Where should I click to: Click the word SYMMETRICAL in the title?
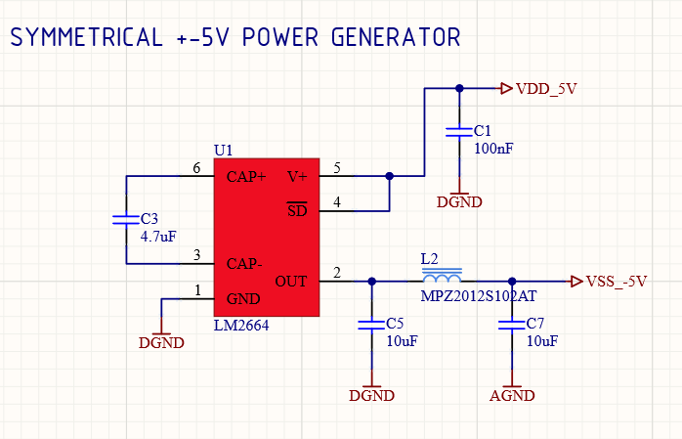point(87,38)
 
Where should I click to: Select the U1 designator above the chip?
point(224,150)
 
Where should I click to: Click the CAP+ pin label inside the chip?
point(245,177)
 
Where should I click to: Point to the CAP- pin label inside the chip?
point(244,263)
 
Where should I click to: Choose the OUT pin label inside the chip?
point(291,281)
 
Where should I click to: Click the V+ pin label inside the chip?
point(297,177)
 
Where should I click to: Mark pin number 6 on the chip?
point(196,169)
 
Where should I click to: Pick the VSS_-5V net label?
point(617,282)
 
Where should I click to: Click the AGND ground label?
point(512,396)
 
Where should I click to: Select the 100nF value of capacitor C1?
point(493,149)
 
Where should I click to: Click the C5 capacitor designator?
point(395,323)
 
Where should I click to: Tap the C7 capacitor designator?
point(534,323)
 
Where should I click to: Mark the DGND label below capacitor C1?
point(459,202)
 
